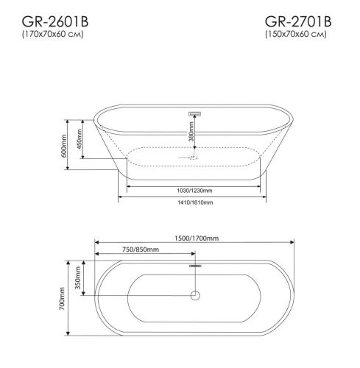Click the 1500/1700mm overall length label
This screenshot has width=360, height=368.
coord(194,238)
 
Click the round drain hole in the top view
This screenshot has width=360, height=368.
coord(194,297)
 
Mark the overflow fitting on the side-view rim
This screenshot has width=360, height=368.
coord(194,113)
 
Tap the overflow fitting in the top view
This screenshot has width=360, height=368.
coord(194,264)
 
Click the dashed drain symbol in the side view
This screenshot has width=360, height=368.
coord(192,157)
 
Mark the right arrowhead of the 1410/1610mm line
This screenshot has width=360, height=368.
coord(268,197)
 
